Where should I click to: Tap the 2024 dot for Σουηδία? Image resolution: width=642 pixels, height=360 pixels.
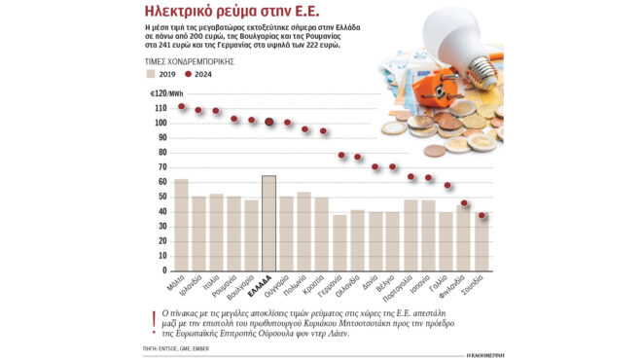click(482, 216)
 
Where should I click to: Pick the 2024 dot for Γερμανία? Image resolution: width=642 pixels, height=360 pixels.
click(340, 156)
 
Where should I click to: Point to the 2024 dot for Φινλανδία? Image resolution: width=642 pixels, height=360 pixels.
click(465, 203)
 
